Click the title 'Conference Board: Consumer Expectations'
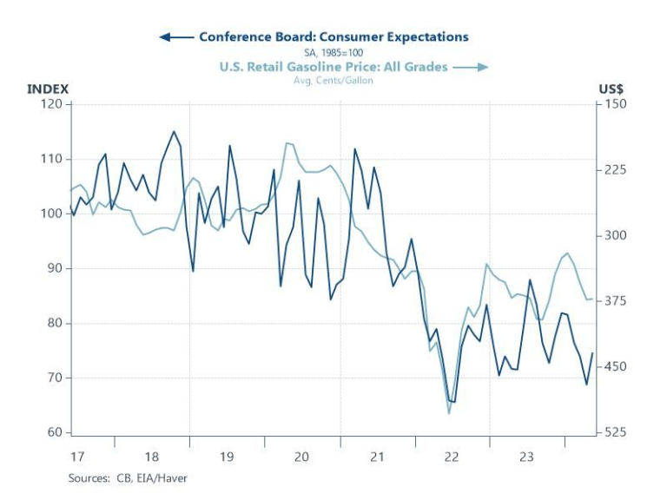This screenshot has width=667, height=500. point(333,36)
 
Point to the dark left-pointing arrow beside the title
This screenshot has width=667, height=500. point(176,37)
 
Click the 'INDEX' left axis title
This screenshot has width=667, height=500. point(48,89)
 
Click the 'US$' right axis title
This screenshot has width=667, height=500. point(611,89)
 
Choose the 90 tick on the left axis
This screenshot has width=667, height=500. point(56,268)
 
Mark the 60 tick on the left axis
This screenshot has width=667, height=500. point(56,432)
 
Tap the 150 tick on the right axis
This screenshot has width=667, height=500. point(616,104)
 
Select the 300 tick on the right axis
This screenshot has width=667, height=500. point(616,236)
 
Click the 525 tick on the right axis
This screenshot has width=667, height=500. point(616,432)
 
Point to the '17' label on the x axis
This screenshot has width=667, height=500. point(76,456)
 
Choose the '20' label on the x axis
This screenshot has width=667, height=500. point(301,456)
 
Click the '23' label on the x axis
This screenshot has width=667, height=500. point(527,456)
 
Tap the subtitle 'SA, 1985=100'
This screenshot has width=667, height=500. point(333,52)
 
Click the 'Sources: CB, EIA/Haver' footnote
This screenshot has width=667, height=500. point(128,478)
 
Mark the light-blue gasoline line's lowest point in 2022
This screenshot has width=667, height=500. point(449,413)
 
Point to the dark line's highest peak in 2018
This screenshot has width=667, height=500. point(174,132)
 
